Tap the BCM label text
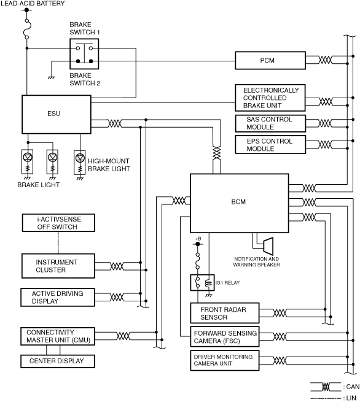coord(238,202)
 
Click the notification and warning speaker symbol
coord(268,246)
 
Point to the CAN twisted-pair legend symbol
coord(326,387)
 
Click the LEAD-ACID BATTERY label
coord(33,4)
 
